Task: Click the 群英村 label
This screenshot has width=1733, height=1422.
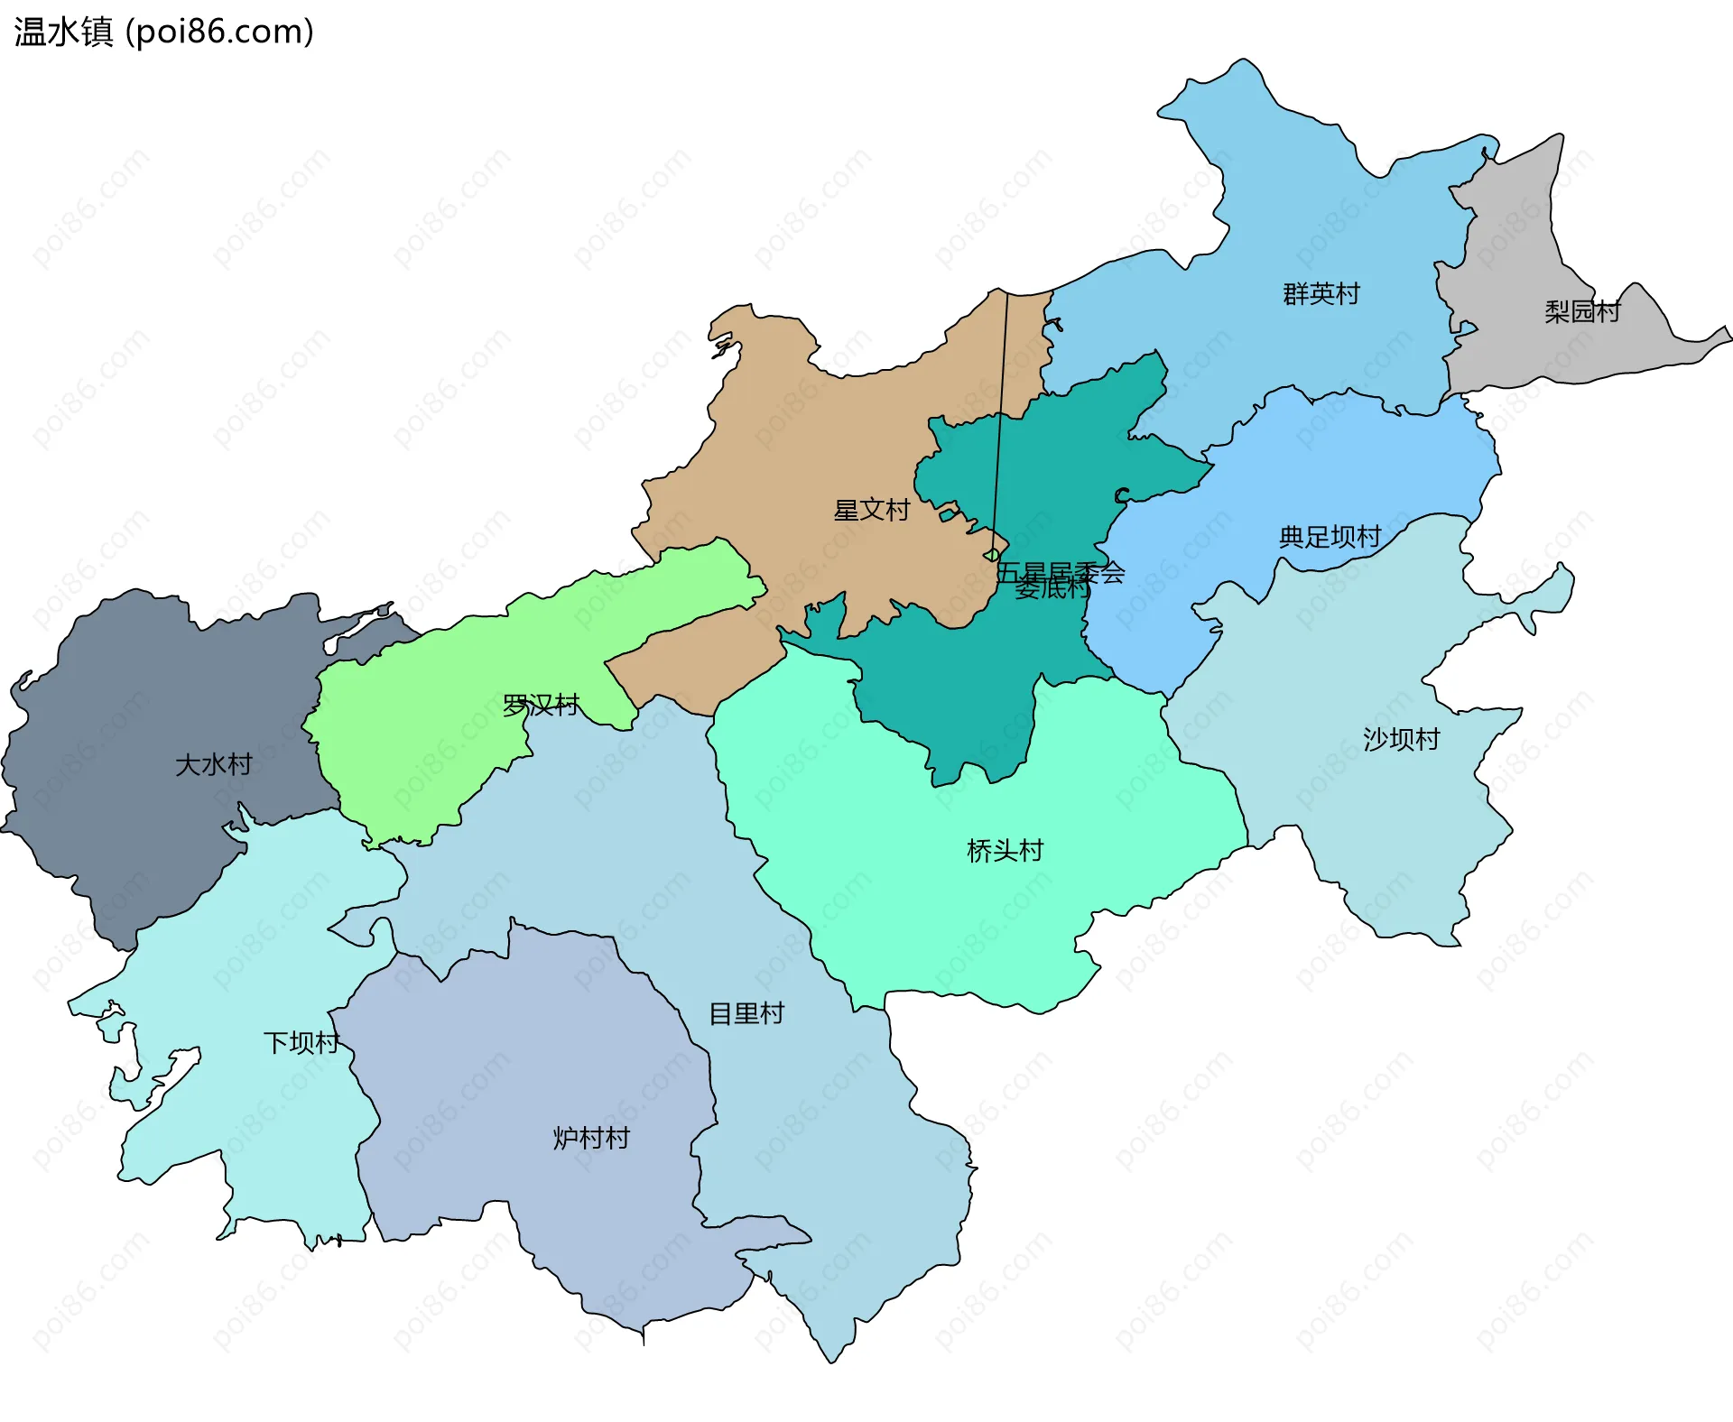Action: coord(1321,294)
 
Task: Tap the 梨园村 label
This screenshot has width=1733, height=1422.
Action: coord(1582,312)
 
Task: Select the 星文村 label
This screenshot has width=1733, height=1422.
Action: coord(871,511)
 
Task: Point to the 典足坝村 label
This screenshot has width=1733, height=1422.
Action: coord(1330,538)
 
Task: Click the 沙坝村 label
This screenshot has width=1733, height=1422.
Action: coord(1401,740)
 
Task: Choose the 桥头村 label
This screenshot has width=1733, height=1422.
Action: coord(1005,851)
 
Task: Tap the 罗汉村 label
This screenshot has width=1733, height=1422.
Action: coord(540,706)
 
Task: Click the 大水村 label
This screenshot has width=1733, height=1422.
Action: coord(213,765)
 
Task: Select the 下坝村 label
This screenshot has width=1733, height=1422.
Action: coord(301,1043)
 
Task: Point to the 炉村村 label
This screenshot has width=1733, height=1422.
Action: coord(591,1139)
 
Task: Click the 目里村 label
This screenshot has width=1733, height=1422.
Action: coord(746,1014)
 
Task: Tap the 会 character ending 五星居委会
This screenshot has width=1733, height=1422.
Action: coord(1113,573)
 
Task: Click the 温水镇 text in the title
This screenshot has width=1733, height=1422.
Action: coord(63,32)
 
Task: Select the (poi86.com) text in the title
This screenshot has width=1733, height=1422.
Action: coord(219,32)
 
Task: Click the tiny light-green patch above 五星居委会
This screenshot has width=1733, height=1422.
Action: coord(992,555)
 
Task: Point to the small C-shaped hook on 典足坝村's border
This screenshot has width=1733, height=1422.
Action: coord(1122,495)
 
